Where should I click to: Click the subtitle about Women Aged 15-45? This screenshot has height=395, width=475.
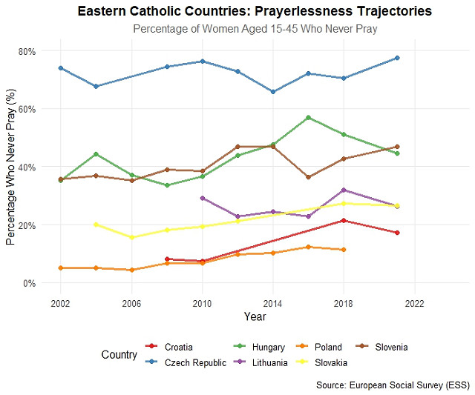pos(255,29)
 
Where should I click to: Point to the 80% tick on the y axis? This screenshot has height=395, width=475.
pos(27,51)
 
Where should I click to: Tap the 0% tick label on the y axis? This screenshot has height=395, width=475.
pos(30,283)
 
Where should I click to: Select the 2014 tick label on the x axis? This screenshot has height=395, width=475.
pos(272,304)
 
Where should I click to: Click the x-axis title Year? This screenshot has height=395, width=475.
pos(255,317)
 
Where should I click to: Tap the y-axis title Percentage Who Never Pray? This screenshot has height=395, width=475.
pos(11,167)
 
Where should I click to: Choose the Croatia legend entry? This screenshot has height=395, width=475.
pos(179,347)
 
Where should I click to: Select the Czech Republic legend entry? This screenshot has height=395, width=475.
pos(195,362)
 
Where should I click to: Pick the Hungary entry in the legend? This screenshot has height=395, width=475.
pos(268,347)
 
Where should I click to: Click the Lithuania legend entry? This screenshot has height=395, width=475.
pos(269,362)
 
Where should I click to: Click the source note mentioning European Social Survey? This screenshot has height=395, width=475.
pos(393,385)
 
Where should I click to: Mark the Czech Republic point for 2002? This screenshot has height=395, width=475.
pos(61,68)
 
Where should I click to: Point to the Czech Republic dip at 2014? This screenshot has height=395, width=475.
pos(273,92)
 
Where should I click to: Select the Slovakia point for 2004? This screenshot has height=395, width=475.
pos(96,225)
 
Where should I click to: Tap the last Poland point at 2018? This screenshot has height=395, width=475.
pos(343,250)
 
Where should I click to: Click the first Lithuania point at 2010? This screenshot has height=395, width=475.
pos(203,198)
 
